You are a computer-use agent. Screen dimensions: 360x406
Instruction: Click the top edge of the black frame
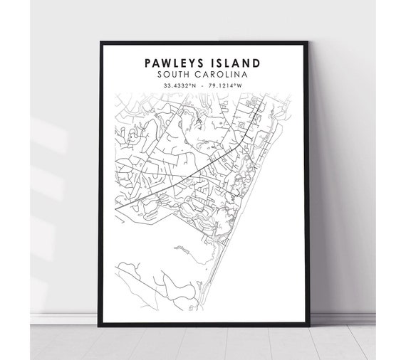click(203, 43)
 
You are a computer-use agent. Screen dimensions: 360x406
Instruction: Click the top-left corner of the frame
click(103, 43)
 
